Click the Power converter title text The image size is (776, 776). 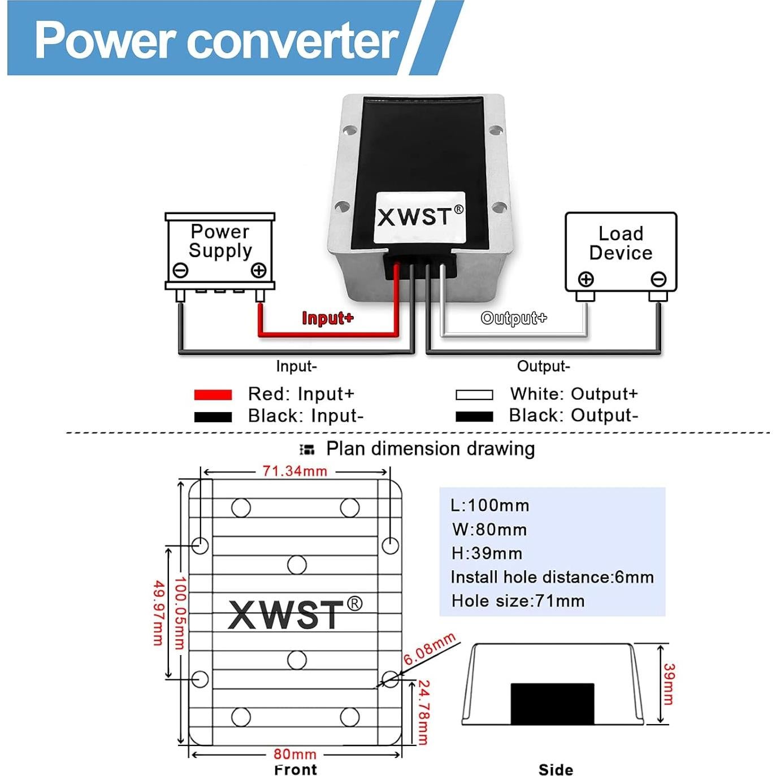pyautogui.click(x=216, y=40)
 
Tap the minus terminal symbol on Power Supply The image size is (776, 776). pyautogui.click(x=180, y=270)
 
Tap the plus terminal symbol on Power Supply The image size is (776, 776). pyautogui.click(x=259, y=270)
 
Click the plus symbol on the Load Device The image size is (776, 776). pyautogui.click(x=586, y=279)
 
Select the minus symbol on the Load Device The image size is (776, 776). pyautogui.click(x=658, y=279)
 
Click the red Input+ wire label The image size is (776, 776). pyautogui.click(x=328, y=318)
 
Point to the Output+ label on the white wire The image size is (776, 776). pyautogui.click(x=514, y=318)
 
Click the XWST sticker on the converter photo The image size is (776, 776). pyautogui.click(x=420, y=217)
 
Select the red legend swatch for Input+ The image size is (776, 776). pyautogui.click(x=213, y=394)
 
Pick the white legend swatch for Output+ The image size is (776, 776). pyautogui.click(x=474, y=394)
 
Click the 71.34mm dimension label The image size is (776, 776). pyautogui.click(x=294, y=471)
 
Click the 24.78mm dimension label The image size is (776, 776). pyautogui.click(x=423, y=713)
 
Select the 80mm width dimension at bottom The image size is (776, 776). pyautogui.click(x=294, y=754)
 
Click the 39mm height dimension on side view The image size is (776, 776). pyautogui.click(x=669, y=684)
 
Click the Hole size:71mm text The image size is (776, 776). pyautogui.click(x=518, y=601)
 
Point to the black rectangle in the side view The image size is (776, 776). pyautogui.click(x=552, y=704)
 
